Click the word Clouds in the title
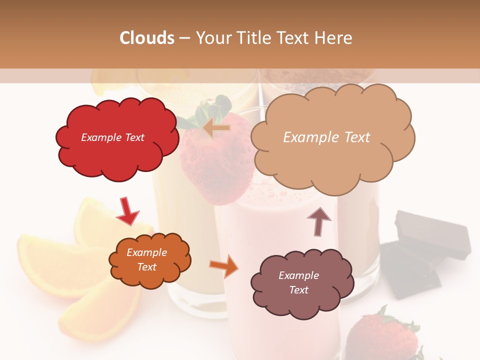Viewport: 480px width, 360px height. tap(147, 38)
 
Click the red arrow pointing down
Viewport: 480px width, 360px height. tap(127, 211)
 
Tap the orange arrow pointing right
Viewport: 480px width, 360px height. tap(224, 265)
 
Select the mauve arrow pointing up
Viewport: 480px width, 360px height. tap(318, 220)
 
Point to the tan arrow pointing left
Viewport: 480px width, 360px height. tap(216, 128)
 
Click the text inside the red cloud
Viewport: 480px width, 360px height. tap(112, 137)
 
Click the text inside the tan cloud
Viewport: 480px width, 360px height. tap(326, 137)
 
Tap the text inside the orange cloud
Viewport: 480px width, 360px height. tap(146, 259)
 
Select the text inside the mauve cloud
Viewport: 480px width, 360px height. tap(298, 282)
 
